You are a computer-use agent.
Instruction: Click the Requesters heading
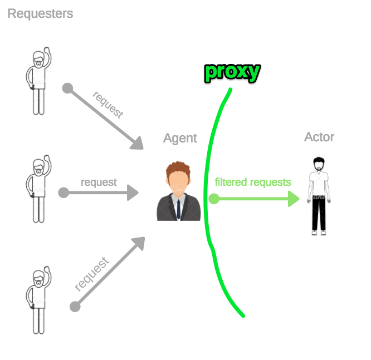click(40, 14)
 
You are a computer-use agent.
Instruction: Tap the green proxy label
click(233, 72)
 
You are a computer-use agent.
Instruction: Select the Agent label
click(180, 139)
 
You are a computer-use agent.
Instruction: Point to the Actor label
click(319, 137)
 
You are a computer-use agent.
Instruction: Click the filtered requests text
click(253, 183)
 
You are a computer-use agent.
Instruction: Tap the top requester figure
click(38, 81)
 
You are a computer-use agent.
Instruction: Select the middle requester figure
click(38, 189)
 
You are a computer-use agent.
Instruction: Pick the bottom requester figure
click(38, 300)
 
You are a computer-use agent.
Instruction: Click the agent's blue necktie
click(179, 209)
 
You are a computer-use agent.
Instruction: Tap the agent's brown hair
click(178, 169)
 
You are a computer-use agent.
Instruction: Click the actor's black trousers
click(319, 214)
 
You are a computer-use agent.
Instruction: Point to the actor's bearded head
click(319, 164)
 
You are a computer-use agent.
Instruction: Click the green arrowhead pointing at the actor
click(294, 199)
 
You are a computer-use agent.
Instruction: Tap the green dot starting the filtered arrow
click(214, 199)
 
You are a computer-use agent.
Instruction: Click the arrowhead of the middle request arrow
click(133, 193)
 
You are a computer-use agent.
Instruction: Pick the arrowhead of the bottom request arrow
click(139, 243)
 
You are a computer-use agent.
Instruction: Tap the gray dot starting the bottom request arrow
click(75, 307)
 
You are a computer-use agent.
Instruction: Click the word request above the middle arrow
click(99, 183)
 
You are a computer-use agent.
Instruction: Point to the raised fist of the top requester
click(47, 50)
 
